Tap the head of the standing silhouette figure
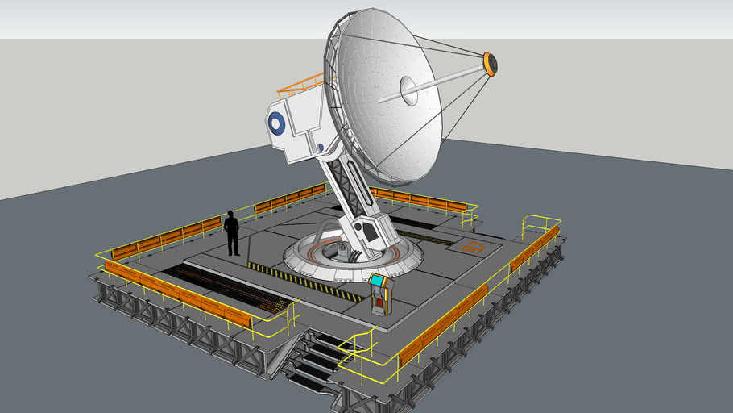231,215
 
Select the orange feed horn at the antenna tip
489,65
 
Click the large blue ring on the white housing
276,123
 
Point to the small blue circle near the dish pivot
320,147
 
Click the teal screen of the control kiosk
376,281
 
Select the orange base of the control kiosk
380,303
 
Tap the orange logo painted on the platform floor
472,247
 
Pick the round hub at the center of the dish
408,90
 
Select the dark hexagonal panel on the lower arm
369,232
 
